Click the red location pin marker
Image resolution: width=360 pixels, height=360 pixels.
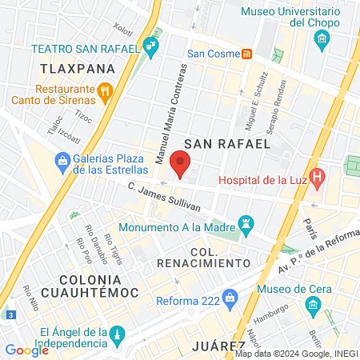tap(181, 166)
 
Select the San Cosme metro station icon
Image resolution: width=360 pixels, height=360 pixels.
tap(248, 54)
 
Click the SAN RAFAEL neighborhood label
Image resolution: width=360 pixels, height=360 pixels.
tap(227, 142)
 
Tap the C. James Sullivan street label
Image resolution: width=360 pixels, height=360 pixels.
tap(165, 198)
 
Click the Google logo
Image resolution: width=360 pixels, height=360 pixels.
tap(26, 350)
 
